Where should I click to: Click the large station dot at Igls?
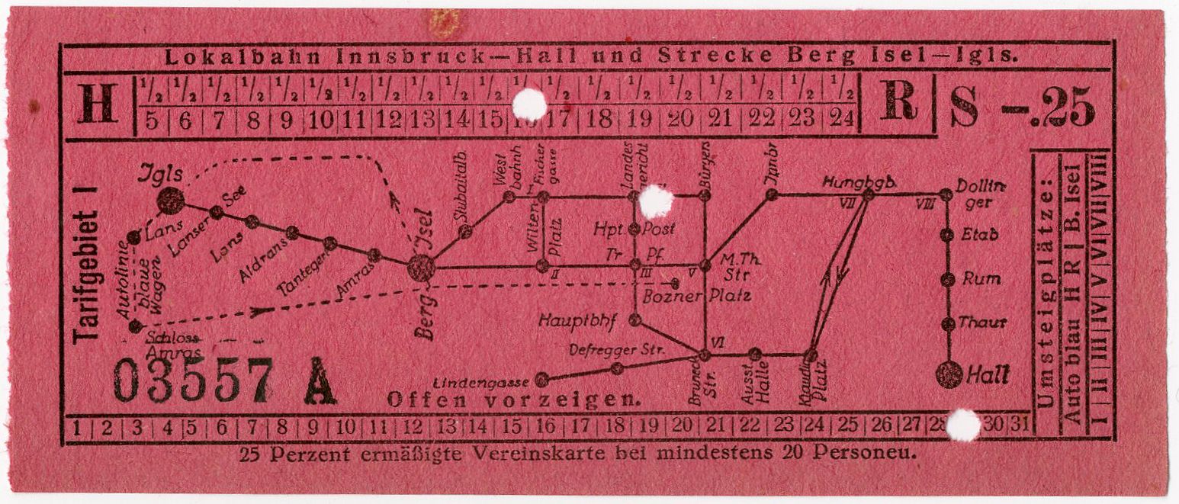(171, 201)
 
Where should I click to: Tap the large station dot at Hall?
(949, 374)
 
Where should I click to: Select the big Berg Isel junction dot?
(421, 268)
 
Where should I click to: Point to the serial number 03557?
(193, 380)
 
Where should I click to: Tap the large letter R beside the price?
(898, 102)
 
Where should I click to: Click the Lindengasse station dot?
(542, 378)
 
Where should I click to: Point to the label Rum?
(981, 279)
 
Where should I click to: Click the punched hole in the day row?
(962, 425)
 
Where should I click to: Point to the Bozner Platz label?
(697, 295)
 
